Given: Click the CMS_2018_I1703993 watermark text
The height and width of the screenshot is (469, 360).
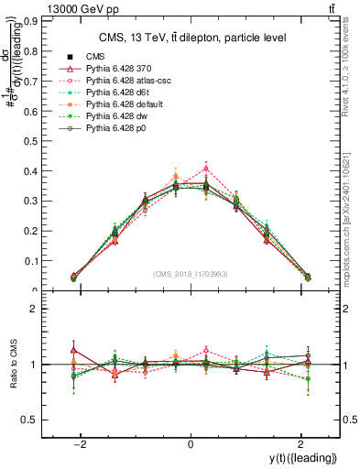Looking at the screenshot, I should pyautogui.click(x=191, y=274).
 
